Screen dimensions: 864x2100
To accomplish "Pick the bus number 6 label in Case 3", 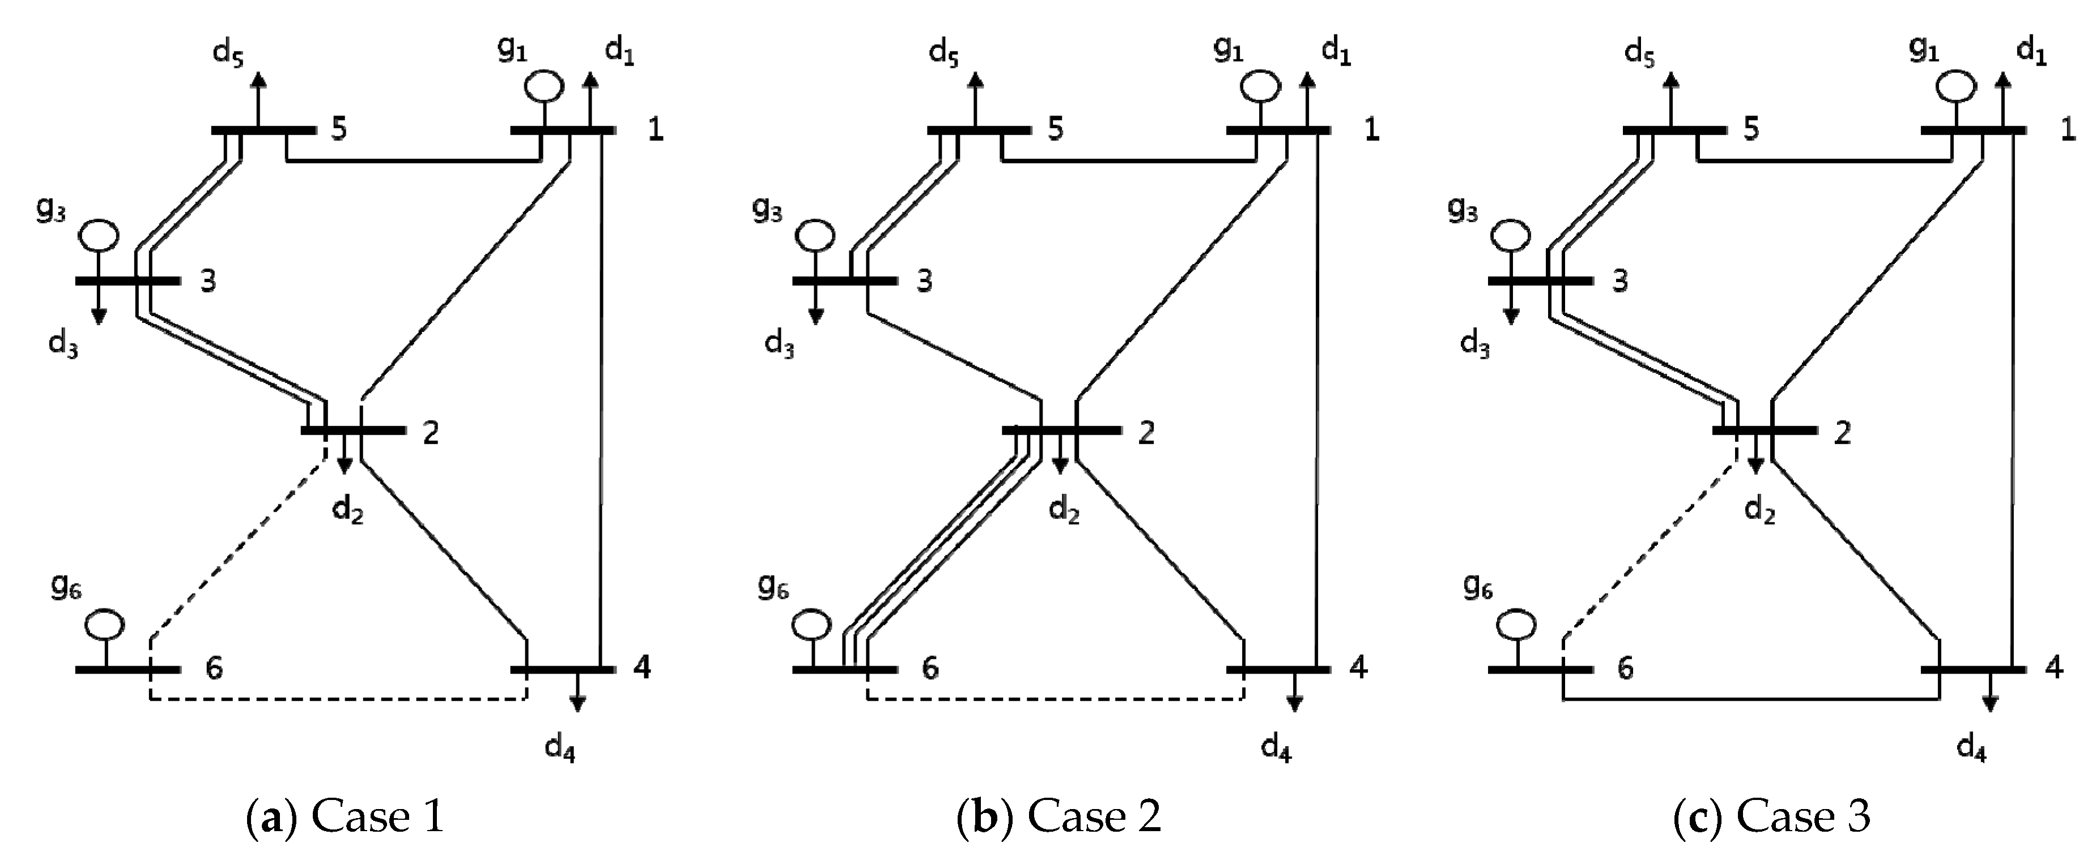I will [1625, 669].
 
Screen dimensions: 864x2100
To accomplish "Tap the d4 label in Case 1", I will [560, 747].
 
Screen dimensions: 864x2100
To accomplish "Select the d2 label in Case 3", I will [1759, 511].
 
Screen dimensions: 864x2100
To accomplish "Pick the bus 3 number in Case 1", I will [209, 281].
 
